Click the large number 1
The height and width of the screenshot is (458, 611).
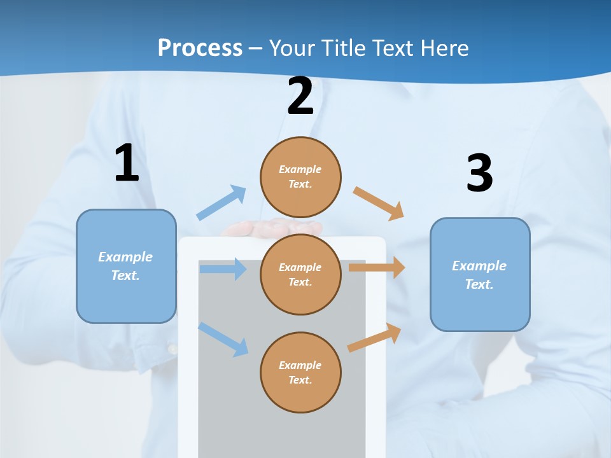(127, 163)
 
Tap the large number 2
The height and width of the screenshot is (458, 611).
(300, 97)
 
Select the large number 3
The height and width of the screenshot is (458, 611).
(479, 174)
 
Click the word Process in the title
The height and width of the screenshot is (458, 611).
(200, 48)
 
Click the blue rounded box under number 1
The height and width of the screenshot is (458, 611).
(126, 266)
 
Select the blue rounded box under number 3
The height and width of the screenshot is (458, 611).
(480, 274)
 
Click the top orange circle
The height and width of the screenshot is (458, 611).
(300, 177)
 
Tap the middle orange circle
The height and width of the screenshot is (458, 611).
(300, 274)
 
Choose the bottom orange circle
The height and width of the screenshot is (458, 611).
(300, 372)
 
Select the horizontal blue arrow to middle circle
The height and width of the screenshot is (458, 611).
(223, 269)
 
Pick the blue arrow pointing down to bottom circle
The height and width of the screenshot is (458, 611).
(223, 339)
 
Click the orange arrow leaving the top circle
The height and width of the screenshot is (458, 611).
(379, 204)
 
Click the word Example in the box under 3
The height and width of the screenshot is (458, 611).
(479, 266)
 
